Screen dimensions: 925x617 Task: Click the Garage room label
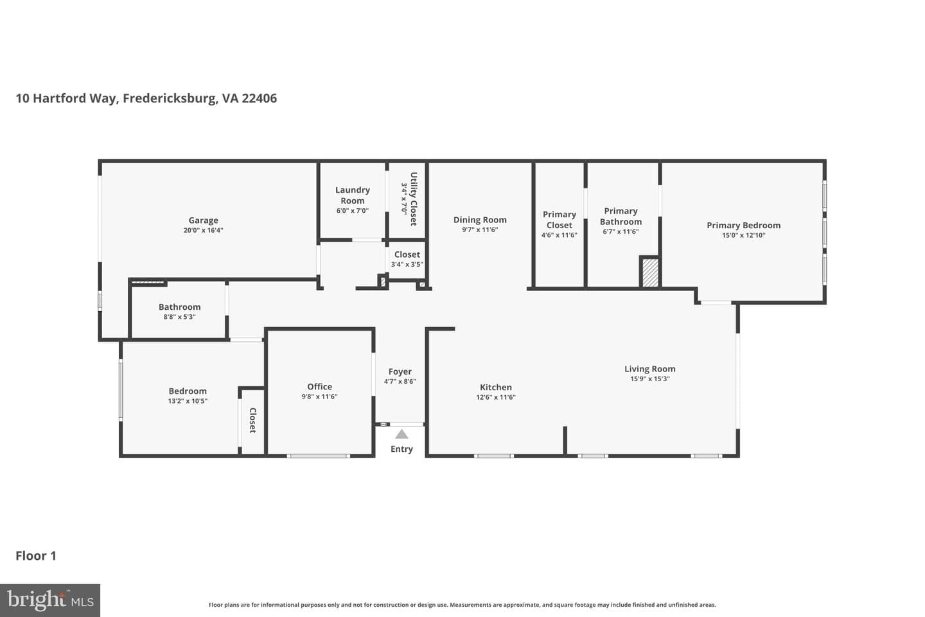[x=203, y=220]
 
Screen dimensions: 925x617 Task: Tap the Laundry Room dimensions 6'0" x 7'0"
[x=352, y=210]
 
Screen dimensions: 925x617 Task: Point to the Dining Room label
[x=480, y=220]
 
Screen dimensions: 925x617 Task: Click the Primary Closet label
[x=559, y=220]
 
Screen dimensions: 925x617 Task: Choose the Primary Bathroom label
[x=621, y=216]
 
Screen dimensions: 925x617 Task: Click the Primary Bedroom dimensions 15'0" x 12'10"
[x=744, y=235]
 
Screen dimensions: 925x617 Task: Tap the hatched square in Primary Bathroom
[x=650, y=273]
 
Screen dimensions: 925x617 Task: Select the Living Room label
[x=649, y=369]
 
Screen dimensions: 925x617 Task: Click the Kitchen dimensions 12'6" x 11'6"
[x=495, y=397]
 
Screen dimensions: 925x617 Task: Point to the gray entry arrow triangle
[x=401, y=434]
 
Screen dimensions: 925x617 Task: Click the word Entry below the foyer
[x=401, y=449]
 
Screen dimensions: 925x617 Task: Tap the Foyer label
[x=400, y=371]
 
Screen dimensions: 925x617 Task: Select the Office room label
[x=319, y=386]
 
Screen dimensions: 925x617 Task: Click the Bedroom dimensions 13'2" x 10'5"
[x=188, y=401]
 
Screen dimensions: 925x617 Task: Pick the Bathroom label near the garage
[x=179, y=307]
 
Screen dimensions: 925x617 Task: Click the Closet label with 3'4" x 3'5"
[x=407, y=255]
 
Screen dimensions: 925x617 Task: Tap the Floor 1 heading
[x=36, y=556]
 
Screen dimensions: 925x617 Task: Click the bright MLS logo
[x=50, y=600]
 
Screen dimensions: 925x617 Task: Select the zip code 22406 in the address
[x=259, y=98]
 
